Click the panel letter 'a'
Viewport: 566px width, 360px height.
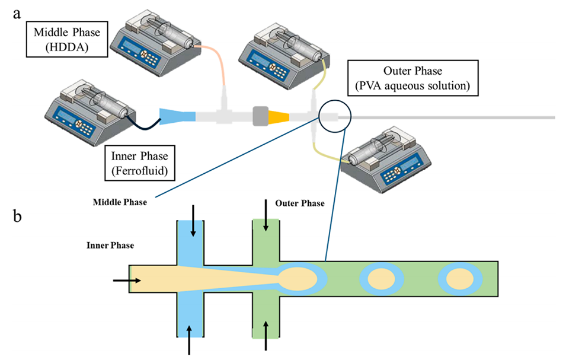coord(18,13)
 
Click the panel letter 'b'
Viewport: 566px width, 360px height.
coord(18,216)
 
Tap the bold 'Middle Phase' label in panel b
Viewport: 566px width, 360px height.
coord(120,201)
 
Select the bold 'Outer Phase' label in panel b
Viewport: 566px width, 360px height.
coord(300,203)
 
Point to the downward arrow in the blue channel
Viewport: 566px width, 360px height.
coord(192,228)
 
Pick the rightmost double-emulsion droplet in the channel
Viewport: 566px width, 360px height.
coord(459,279)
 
